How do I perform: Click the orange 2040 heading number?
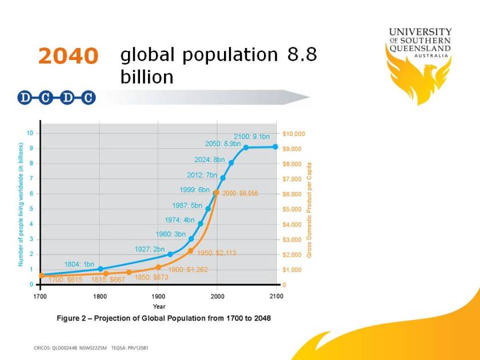68,56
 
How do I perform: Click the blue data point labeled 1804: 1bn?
101,269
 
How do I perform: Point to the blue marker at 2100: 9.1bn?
275,147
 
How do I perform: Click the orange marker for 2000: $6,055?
216,193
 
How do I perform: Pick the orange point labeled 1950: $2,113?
190,251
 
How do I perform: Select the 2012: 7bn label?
202,175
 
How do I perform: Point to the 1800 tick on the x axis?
100,297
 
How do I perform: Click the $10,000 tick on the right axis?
294,134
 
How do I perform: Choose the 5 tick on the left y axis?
30,209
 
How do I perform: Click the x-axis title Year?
159,306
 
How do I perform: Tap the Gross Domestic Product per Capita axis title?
309,209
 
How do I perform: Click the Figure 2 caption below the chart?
163,318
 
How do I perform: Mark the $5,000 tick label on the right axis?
293,209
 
